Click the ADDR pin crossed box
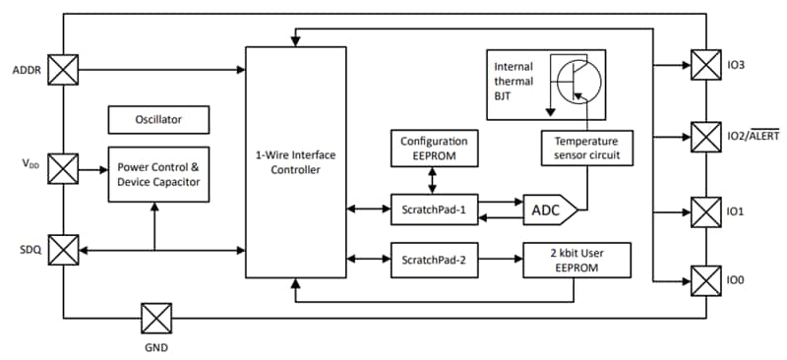63,70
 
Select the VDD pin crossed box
63,168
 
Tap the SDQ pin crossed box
63,250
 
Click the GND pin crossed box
156,318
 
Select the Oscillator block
158,120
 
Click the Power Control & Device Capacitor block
158,173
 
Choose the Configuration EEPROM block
433,148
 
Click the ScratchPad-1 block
433,210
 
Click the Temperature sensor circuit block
586,148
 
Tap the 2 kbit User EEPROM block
576,260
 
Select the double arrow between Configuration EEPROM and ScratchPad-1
433,178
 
